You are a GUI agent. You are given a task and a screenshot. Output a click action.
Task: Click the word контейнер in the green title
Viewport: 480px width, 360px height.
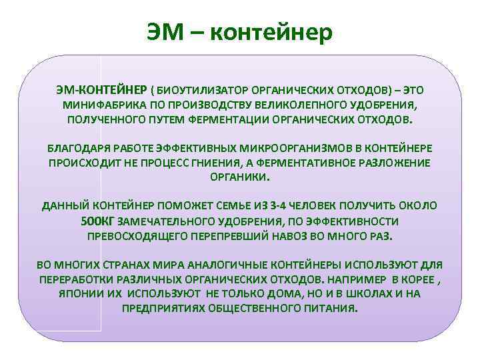pos(271,31)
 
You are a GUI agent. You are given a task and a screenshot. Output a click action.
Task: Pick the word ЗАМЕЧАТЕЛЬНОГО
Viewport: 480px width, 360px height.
pos(165,221)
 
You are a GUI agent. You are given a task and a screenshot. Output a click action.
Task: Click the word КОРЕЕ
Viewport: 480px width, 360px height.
pos(404,279)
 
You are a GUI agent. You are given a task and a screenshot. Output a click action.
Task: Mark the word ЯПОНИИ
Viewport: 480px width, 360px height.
pos(80,294)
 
